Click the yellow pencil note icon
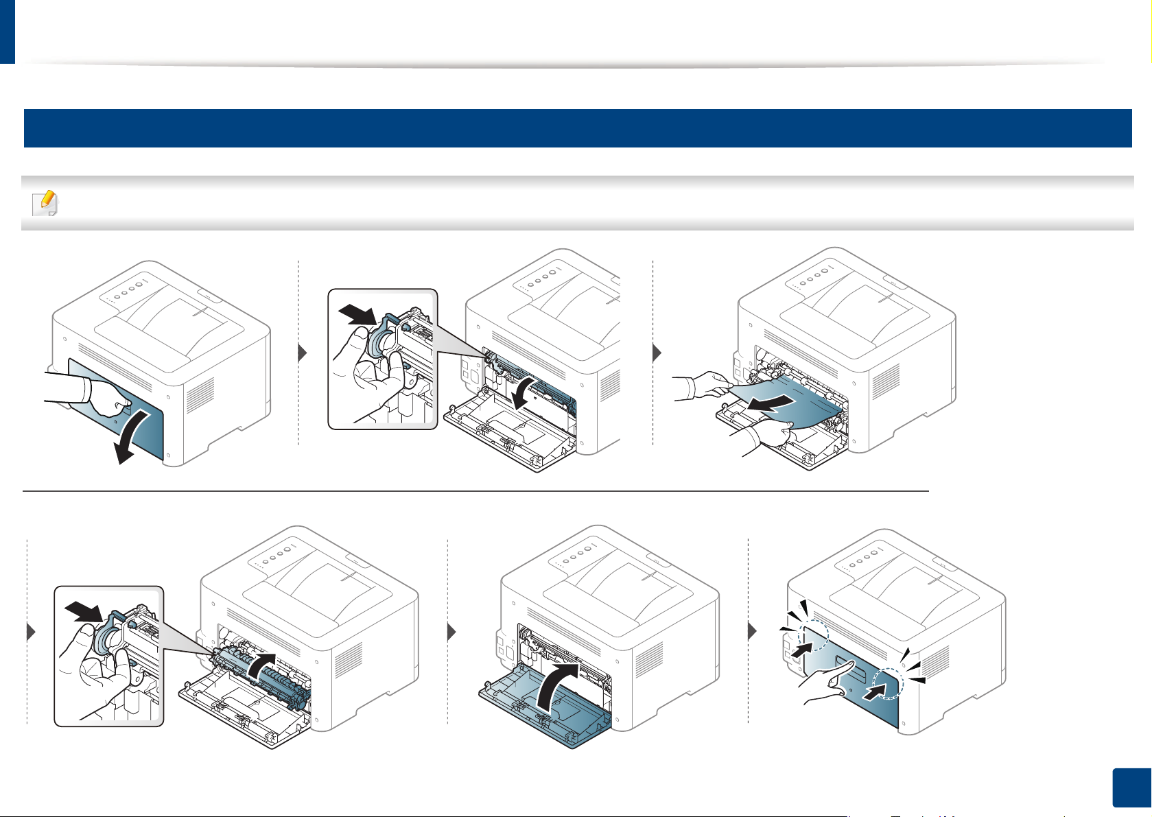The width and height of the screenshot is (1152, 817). [46, 202]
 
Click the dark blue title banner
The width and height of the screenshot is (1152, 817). [577, 128]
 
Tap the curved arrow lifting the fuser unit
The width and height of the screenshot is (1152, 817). [261, 665]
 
